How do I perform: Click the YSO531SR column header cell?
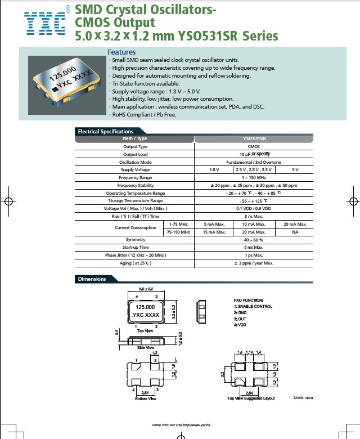(254, 138)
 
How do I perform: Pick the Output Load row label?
(135, 154)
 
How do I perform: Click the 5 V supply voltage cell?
(295, 169)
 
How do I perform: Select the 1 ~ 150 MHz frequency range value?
(254, 177)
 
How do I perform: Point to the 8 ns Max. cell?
(254, 216)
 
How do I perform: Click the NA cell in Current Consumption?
(295, 231)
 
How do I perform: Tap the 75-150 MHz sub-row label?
(178, 231)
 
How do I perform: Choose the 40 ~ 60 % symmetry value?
(254, 239)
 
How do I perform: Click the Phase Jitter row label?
(135, 255)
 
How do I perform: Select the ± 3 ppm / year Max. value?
(254, 263)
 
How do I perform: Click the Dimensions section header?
(92, 279)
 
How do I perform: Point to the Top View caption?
(145, 330)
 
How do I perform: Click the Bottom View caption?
(145, 398)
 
